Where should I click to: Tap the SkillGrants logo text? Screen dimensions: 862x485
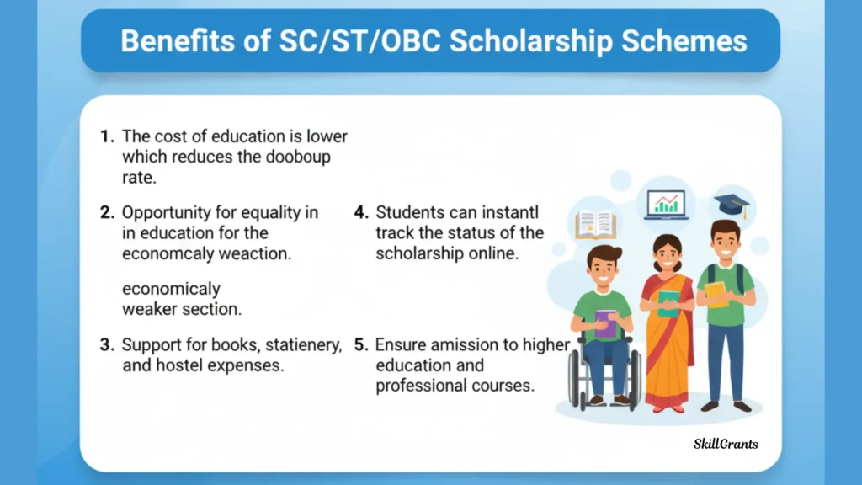coord(726,444)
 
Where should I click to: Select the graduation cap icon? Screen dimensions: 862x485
coord(732,205)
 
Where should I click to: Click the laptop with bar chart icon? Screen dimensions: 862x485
coord(667,205)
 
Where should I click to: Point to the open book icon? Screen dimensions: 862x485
coord(596,225)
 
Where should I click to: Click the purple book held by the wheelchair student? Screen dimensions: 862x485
coord(605,324)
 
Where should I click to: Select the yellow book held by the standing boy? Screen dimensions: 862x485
coord(716,295)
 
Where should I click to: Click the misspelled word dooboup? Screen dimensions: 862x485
coord(298,157)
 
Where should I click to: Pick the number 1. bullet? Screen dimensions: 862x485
coord(107,136)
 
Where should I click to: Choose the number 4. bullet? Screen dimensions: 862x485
coord(361,212)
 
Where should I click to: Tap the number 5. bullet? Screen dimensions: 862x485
coord(361,344)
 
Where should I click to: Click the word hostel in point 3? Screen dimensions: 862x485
coord(180,365)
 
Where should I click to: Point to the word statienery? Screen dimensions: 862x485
coord(303,345)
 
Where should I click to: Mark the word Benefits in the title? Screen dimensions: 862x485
coord(178,41)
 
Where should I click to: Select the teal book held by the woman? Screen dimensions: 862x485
coord(668,303)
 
